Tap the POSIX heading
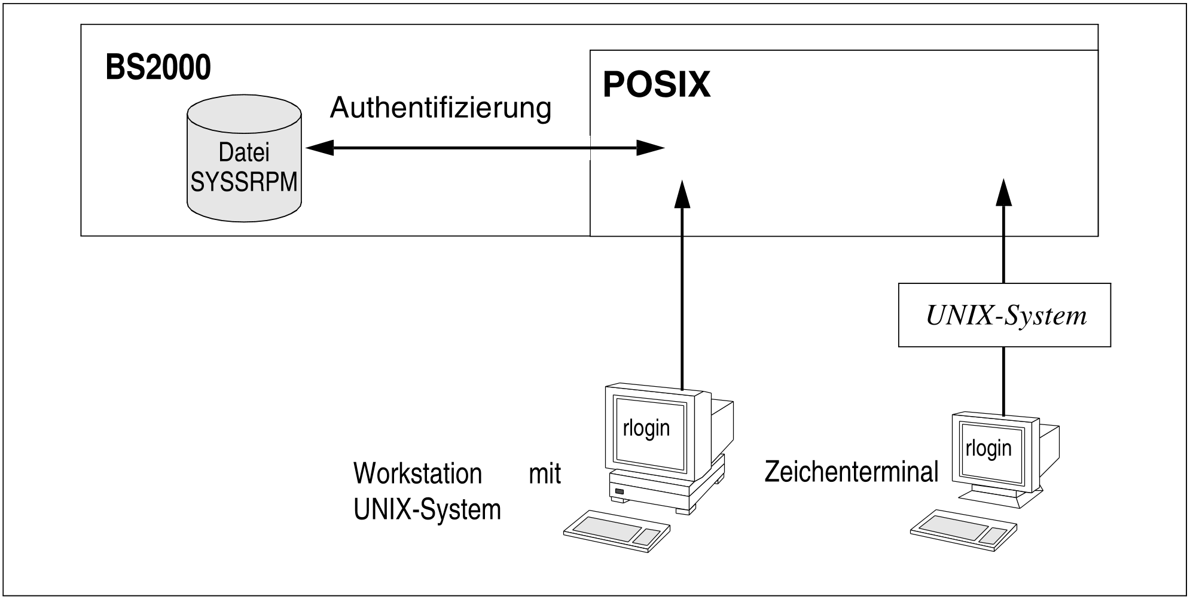657,85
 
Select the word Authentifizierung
440,108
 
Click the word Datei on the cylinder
244,152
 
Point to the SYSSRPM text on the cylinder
244,182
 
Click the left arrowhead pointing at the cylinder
319,148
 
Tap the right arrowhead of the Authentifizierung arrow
651,148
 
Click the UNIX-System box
1005,315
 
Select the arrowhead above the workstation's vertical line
682,194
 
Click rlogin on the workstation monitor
646,428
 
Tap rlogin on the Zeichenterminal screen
988,448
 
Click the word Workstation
417,473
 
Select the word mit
545,473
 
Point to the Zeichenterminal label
852,472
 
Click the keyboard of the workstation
616,531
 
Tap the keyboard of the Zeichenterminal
963,529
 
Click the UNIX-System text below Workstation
427,510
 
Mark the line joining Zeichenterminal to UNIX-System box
1003,380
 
